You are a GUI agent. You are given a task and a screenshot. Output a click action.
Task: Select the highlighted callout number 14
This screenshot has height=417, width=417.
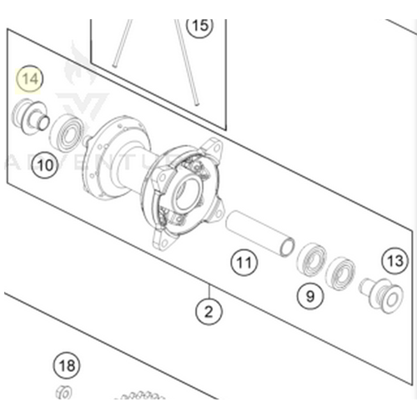point(31,79)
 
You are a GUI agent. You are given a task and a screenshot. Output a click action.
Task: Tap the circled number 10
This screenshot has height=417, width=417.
point(46,165)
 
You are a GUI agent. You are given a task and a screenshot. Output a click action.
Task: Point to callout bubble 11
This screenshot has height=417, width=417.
point(243,264)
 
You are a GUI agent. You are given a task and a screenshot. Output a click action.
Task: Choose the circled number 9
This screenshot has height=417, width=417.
point(310,294)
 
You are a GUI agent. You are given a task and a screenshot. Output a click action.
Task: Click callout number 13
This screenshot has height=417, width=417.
point(395,262)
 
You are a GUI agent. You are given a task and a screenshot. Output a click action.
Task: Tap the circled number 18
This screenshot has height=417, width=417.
point(66,365)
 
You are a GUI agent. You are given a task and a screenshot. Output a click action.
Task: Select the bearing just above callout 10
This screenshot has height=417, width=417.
point(68,132)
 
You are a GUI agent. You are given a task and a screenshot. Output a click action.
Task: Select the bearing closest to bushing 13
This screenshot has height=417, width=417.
point(340,271)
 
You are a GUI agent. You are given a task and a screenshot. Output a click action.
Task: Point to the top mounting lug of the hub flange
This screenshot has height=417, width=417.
point(214,148)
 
